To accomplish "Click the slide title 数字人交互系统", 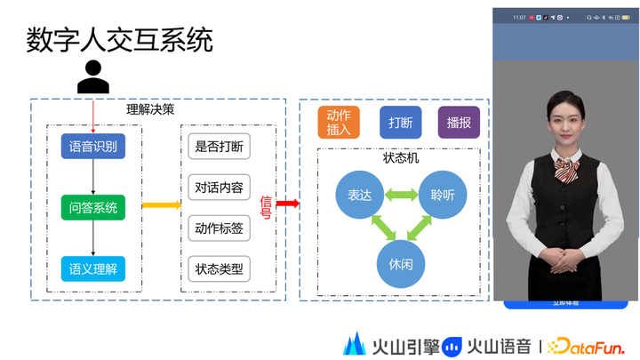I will pos(120,39).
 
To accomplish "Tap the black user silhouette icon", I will pos(92,76).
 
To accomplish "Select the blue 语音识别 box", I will pos(93,146).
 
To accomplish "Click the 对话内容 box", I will pos(219,188).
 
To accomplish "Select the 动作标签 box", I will pos(219,228).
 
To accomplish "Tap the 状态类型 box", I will pos(219,268).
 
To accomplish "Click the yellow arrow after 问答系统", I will pos(161,205).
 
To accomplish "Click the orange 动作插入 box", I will pos(339,123).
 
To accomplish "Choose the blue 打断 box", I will pos(400,123).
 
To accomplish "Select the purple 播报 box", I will pos(460,123).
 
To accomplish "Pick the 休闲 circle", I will pos(401,264).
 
